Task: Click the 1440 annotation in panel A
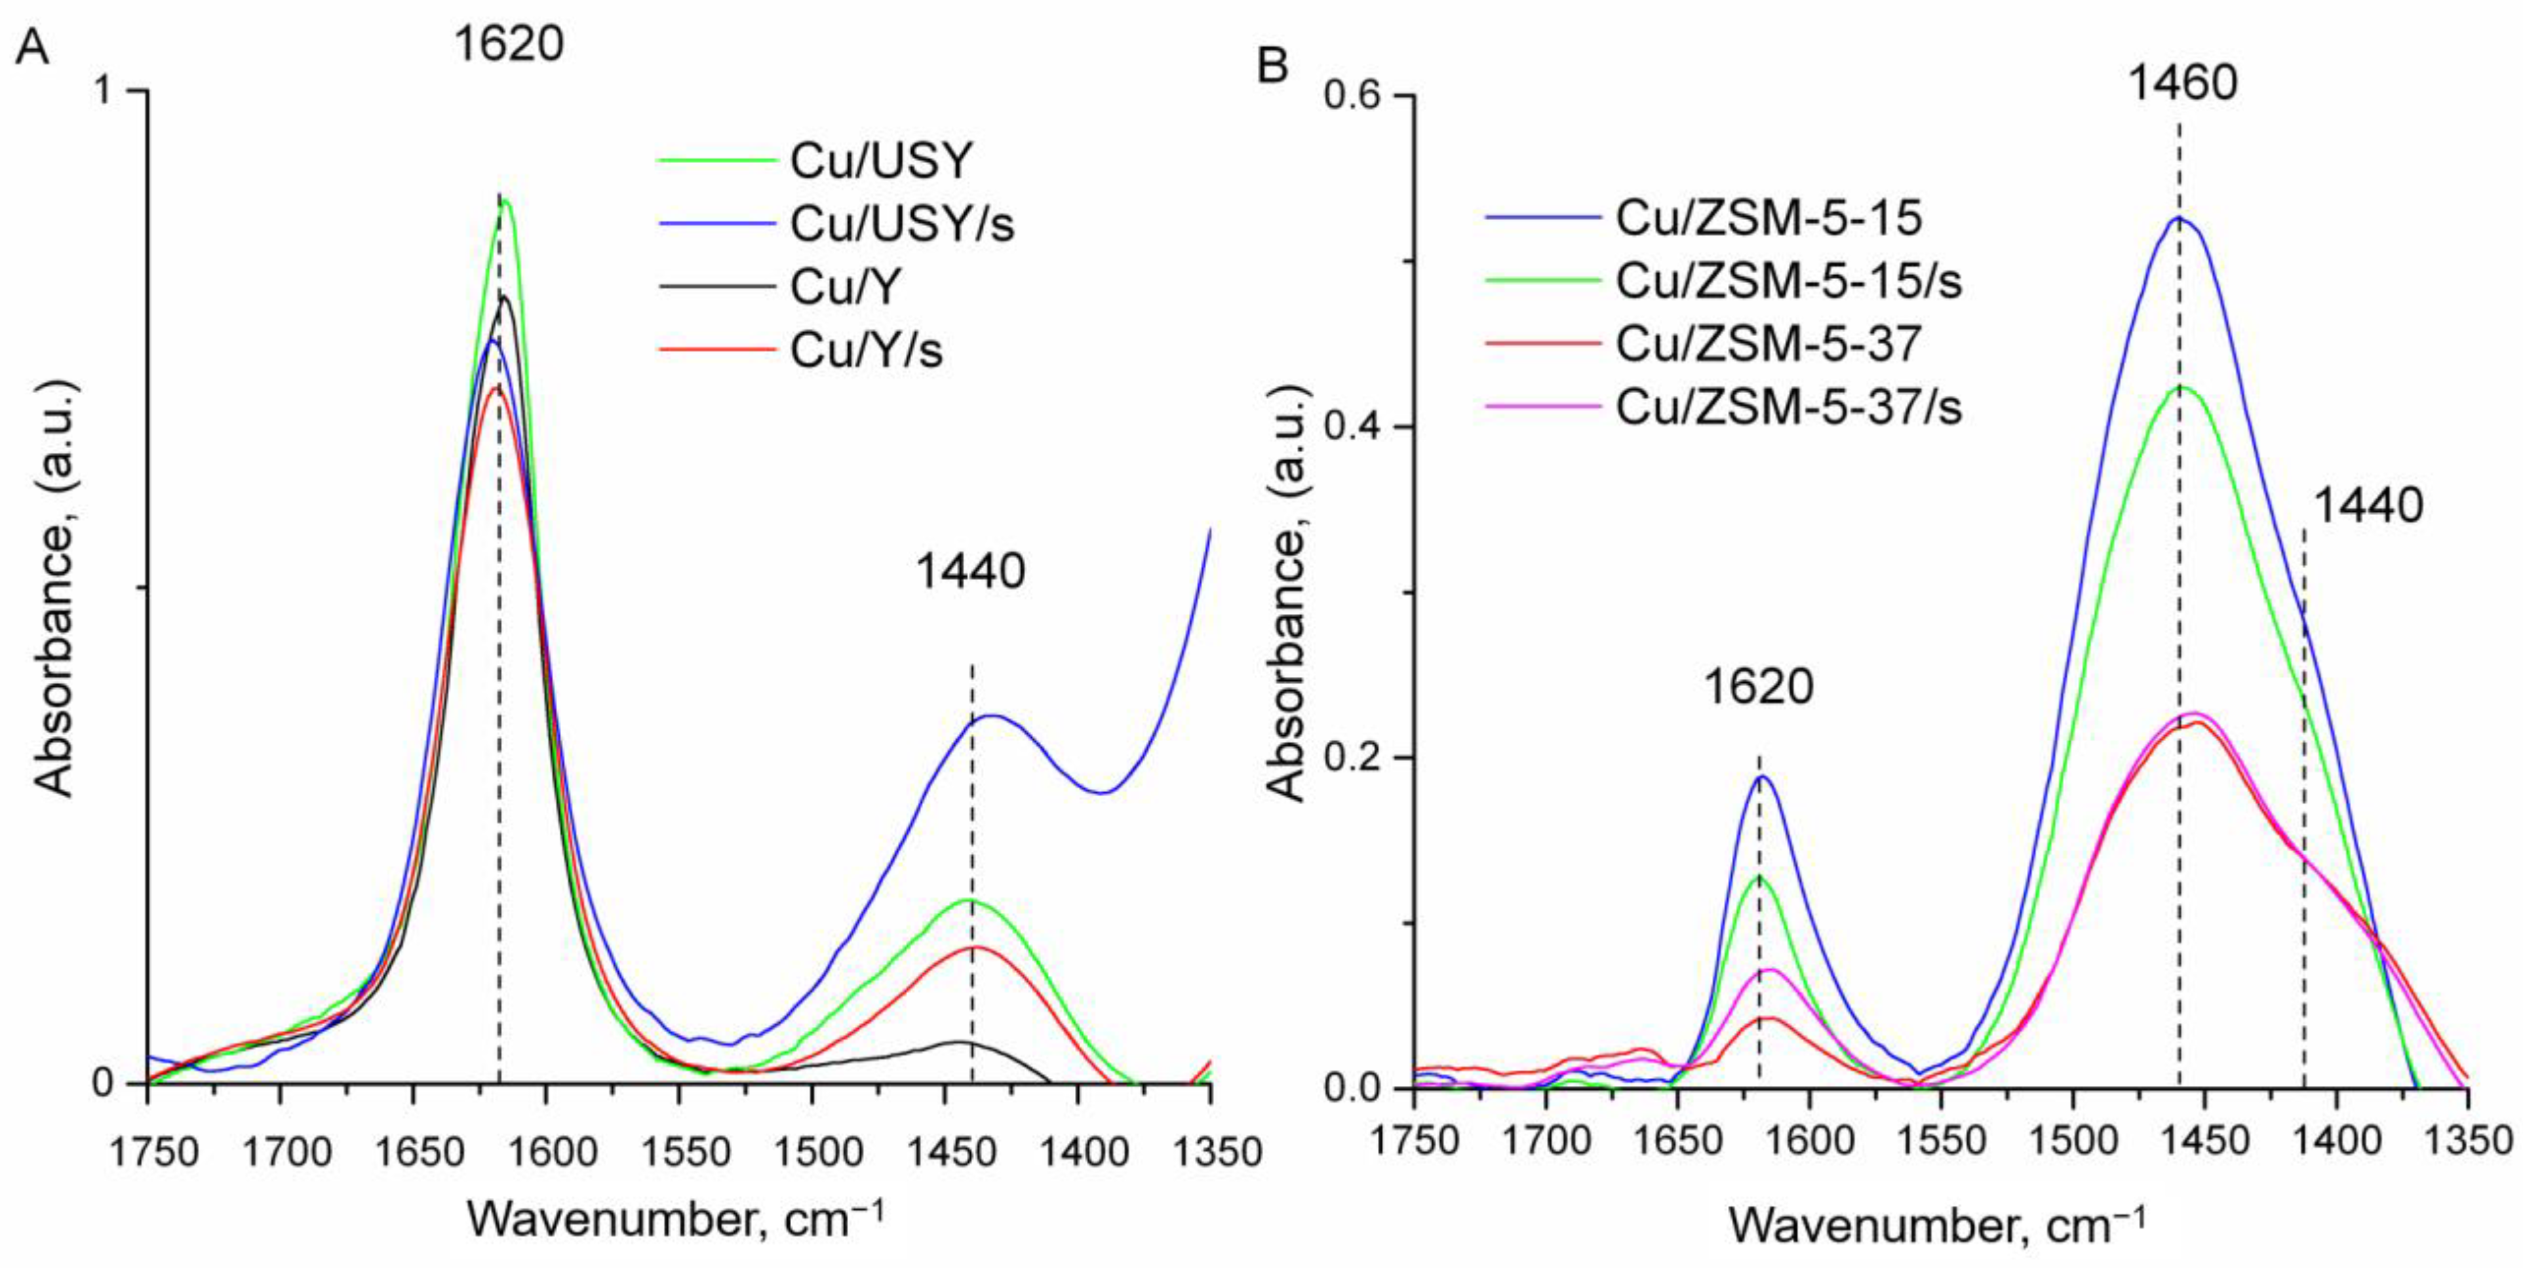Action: point(969,571)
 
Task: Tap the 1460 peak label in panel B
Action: point(2182,83)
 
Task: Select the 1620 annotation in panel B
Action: point(1758,686)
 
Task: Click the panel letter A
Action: point(32,47)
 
